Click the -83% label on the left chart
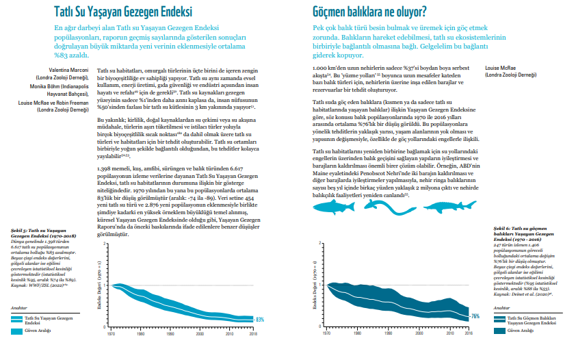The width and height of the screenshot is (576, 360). click(260, 320)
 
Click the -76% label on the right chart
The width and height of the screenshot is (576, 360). click(475, 316)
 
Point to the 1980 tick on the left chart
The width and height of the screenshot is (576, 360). click(140, 335)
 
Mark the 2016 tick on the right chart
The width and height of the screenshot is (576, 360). click(468, 335)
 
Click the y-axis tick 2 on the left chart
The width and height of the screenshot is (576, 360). click(103, 244)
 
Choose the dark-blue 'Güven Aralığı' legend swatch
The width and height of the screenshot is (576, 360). click(499, 331)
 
